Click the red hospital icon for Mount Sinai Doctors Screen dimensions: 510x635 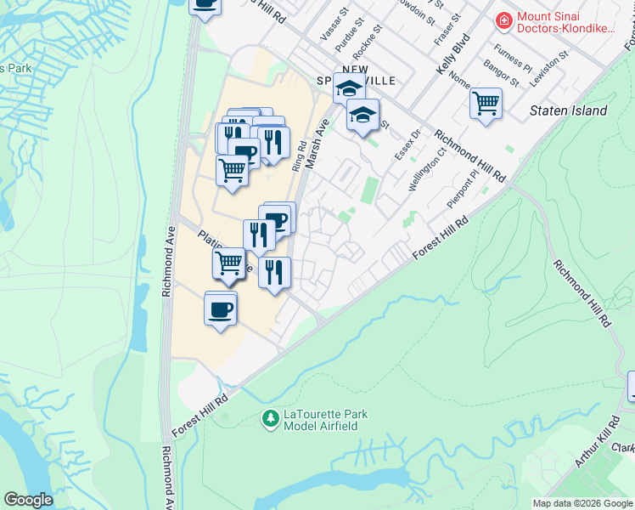tap(504, 20)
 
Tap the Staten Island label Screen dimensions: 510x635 tap(568, 110)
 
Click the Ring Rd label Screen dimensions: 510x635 tap(298, 158)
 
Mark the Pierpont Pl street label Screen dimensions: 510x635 tap(464, 192)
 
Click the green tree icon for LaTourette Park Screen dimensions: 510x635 tap(271, 418)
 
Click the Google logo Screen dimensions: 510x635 tap(28, 499)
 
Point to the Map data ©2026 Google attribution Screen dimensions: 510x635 tap(582, 503)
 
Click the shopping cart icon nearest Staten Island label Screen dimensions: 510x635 tap(486, 104)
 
